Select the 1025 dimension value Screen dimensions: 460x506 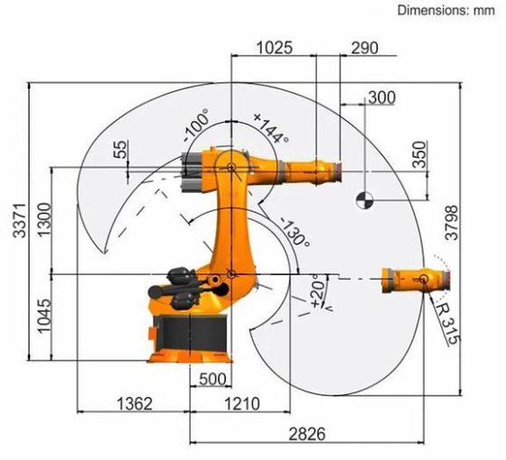(x=274, y=48)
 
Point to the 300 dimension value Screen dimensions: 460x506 (x=382, y=97)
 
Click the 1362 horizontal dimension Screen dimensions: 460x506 (x=134, y=402)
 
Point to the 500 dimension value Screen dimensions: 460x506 (x=209, y=379)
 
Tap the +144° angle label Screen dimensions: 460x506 (x=270, y=127)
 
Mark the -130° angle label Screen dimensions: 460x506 (x=295, y=233)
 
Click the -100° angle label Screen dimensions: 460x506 (x=196, y=125)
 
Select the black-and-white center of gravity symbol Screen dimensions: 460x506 (x=364, y=198)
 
